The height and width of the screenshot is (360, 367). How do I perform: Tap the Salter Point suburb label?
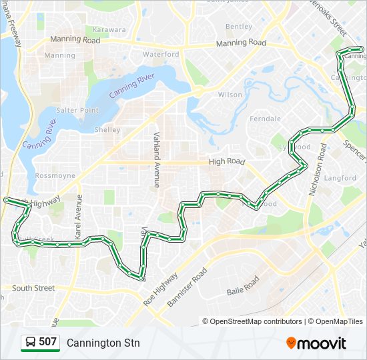point(77,110)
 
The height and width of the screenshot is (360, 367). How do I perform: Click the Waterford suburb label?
point(161,54)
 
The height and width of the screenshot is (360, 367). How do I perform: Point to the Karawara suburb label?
point(109,30)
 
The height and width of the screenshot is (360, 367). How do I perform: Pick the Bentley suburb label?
point(239,27)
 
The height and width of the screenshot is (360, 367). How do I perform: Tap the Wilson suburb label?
point(230,95)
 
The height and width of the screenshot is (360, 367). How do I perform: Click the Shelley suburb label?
point(107,130)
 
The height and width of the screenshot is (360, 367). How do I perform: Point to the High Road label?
point(227,162)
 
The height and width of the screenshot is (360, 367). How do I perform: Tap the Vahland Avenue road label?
point(157,159)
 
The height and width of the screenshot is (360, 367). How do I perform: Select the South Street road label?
point(33,288)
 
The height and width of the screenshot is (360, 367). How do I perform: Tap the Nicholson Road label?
point(316,169)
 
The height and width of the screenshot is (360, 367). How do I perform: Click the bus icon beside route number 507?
point(31,342)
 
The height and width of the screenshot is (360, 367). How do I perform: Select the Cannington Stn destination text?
point(103,343)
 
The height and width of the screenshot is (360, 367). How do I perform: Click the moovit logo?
point(316,343)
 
